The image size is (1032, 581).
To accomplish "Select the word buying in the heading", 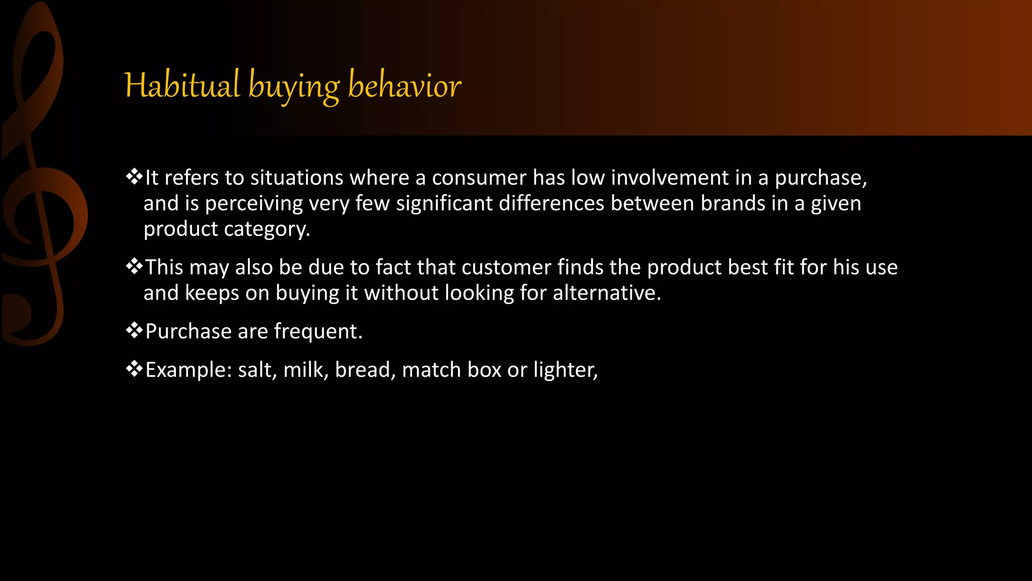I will [294, 87].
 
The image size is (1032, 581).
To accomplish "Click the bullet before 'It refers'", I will [134, 177].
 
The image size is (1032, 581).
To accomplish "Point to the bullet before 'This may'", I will [134, 266].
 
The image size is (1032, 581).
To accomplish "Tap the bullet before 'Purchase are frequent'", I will [134, 331].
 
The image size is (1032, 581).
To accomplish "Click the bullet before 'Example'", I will [134, 369].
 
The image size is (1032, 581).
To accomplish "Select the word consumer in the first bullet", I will [479, 178].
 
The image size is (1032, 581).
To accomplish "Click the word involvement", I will [670, 178].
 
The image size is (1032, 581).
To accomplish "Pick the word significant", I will [444, 204].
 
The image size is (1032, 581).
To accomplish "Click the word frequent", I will [317, 332].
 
